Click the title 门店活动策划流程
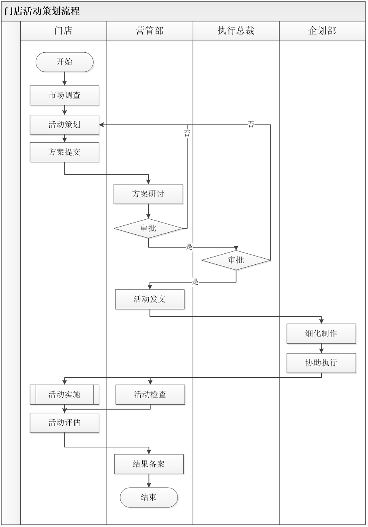pyautogui.click(x=42, y=11)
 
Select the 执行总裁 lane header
pyautogui.click(x=236, y=31)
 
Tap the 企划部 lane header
pyautogui.click(x=322, y=31)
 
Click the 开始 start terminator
pyautogui.click(x=64, y=62)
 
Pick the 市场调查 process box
pyautogui.click(x=64, y=95)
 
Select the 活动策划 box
pyautogui.click(x=64, y=124)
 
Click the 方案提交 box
pyautogui.click(x=64, y=152)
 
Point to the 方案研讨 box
pyautogui.click(x=148, y=194)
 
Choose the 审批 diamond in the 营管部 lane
pyautogui.click(x=148, y=228)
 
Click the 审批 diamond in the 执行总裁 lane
pyautogui.click(x=236, y=260)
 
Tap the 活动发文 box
pyautogui.click(x=150, y=300)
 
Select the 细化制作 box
pyautogui.click(x=321, y=334)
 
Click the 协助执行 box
pyautogui.click(x=321, y=363)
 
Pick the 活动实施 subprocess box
pyautogui.click(x=64, y=394)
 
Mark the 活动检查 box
pyautogui.click(x=150, y=394)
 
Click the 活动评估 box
pyautogui.click(x=64, y=422)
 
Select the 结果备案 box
pyautogui.click(x=149, y=464)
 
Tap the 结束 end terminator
pyautogui.click(x=149, y=497)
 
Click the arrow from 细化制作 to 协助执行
pyautogui.click(x=321, y=349)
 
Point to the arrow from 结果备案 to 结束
pyautogui.click(x=149, y=481)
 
